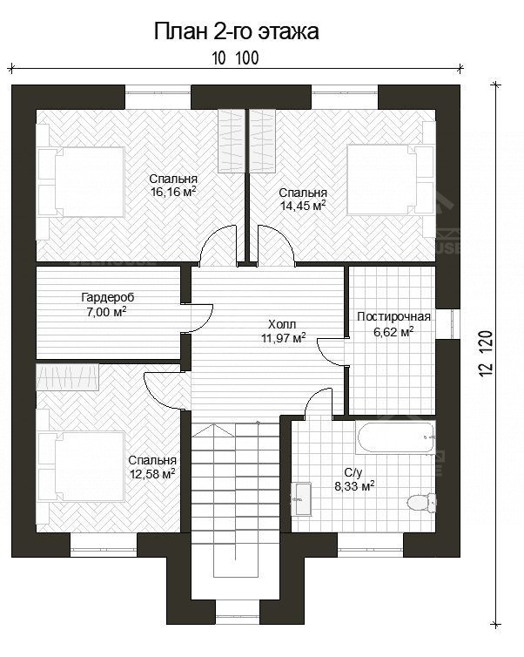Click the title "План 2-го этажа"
coord(237,32)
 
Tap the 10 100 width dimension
coord(235,58)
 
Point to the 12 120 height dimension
coord(487,354)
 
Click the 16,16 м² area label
coord(173,192)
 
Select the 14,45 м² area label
coord(303,206)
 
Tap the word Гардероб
coord(108,297)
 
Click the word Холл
coord(282,324)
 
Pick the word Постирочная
coord(393,317)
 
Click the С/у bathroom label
coord(353,472)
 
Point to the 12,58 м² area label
coord(152,474)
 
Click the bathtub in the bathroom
coord(395,437)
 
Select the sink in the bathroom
coord(301,498)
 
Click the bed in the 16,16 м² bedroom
coord(82,181)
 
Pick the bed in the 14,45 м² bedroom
coord(390,179)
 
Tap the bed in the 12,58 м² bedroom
coord(82,466)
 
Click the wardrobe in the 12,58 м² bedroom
coord(67,376)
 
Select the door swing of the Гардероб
coord(198,318)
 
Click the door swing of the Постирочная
coord(332,351)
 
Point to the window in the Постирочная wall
coord(448,323)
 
